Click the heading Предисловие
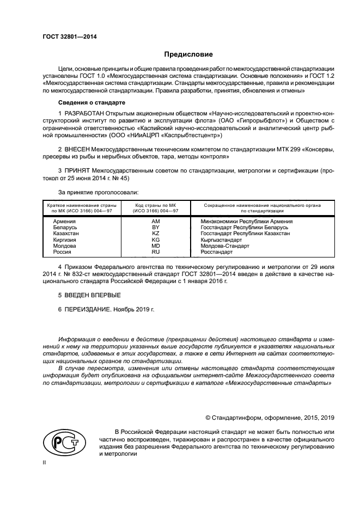pos(189,54)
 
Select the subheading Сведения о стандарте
pos(91,102)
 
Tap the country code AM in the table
pos(156,222)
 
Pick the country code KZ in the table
pos(156,234)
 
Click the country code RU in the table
pos(156,252)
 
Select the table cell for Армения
pos(65,222)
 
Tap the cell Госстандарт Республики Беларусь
pos(240,228)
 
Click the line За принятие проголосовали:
pos(98,192)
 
